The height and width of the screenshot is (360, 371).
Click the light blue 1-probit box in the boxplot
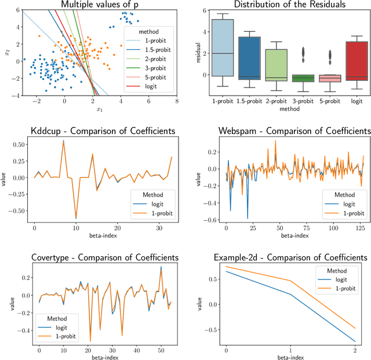(x=223, y=48)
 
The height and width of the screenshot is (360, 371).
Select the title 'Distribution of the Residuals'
(x=287, y=5)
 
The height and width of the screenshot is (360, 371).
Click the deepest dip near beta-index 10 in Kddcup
(x=75, y=219)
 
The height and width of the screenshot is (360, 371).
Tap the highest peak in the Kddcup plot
(x=63, y=141)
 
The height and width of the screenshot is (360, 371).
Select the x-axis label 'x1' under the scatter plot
(x=100, y=109)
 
